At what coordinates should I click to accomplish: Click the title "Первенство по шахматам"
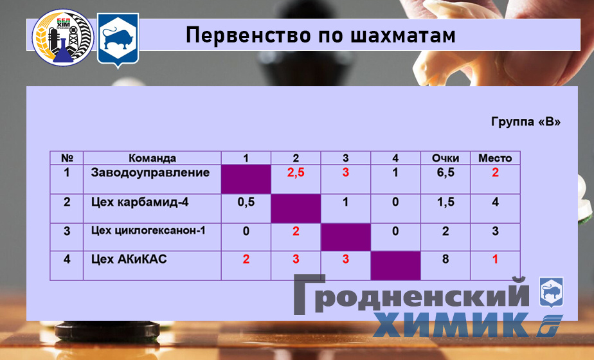click(x=321, y=36)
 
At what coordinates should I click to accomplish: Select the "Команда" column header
click(x=152, y=158)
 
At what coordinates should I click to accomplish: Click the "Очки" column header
click(x=446, y=158)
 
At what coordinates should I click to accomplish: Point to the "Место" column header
click(x=495, y=158)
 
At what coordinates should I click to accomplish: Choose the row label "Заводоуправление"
click(x=150, y=173)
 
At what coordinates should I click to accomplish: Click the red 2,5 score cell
click(x=296, y=173)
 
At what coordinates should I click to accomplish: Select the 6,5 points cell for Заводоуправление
click(x=446, y=173)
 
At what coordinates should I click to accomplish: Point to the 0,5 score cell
click(x=246, y=202)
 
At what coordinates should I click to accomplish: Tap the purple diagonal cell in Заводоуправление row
click(x=246, y=179)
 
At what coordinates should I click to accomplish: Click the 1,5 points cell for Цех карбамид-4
click(x=446, y=202)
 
